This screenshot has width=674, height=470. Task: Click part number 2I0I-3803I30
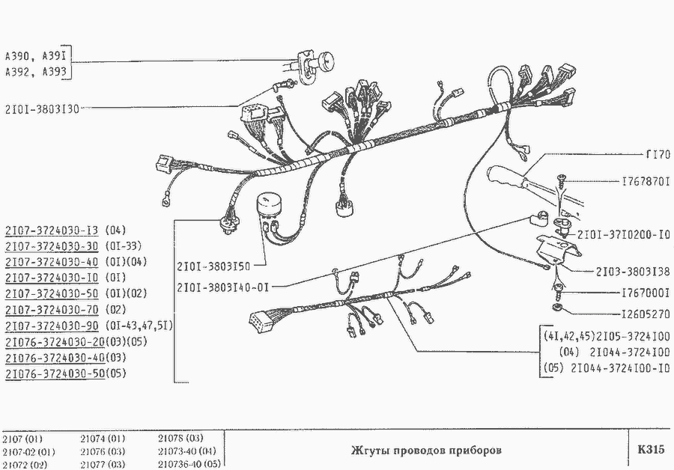click(x=42, y=109)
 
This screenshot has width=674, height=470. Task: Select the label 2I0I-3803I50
click(x=213, y=266)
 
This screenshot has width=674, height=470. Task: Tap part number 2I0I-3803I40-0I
click(x=222, y=287)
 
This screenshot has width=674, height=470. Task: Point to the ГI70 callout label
click(x=658, y=154)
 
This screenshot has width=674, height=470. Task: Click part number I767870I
click(x=646, y=182)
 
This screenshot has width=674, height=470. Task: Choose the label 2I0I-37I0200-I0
click(x=624, y=235)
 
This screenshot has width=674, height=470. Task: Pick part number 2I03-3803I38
click(x=633, y=272)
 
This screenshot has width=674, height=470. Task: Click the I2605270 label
click(x=646, y=314)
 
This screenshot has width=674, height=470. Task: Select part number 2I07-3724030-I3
click(x=52, y=231)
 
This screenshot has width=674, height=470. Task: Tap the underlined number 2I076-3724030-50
click(x=55, y=373)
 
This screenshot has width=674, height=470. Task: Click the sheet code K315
click(x=651, y=449)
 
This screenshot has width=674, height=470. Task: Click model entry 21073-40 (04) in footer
click(x=187, y=451)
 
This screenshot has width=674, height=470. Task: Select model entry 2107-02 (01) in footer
click(x=28, y=452)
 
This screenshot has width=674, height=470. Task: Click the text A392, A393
click(x=36, y=72)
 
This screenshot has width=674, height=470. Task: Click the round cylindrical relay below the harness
click(x=269, y=204)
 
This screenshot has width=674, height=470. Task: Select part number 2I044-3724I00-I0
click(x=620, y=368)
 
